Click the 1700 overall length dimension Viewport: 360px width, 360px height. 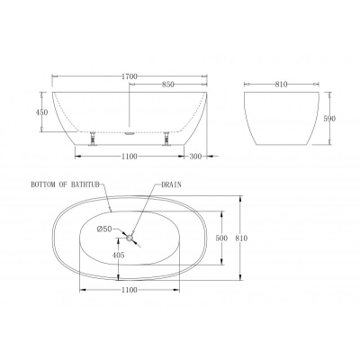130,76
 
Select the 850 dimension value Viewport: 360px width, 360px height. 168,85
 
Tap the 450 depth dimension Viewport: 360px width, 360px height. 41,112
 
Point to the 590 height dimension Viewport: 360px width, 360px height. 329,119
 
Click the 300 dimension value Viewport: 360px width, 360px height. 196,156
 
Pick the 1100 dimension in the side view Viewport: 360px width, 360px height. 130,156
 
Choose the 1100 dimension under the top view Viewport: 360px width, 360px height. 130,290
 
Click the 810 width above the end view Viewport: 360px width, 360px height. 281,85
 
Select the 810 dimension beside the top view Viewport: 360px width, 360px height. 241,238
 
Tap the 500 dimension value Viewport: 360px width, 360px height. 221,238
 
